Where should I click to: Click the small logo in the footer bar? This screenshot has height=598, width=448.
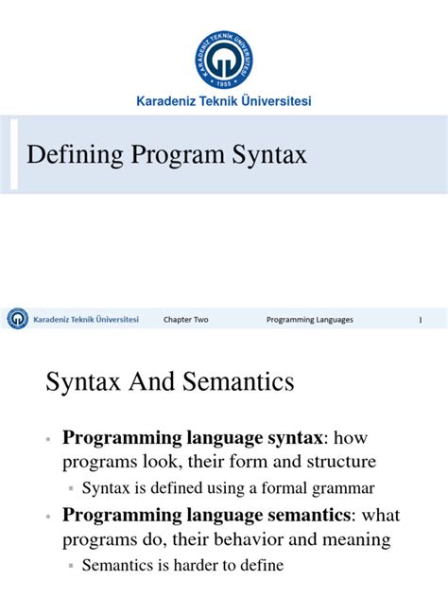18,320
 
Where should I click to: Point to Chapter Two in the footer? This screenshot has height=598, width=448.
185,320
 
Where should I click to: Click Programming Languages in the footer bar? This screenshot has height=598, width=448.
309,320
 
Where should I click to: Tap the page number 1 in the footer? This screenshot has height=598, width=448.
420,320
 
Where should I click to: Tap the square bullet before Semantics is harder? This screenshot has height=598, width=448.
72,567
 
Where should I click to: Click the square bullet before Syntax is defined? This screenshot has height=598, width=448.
72,489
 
